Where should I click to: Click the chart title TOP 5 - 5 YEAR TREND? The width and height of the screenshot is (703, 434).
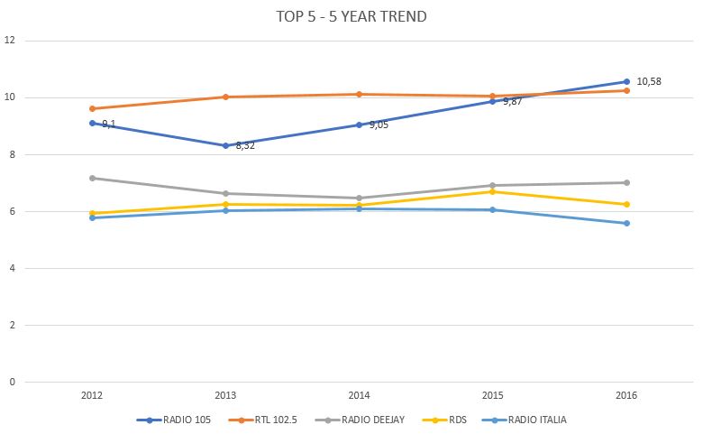click(351, 16)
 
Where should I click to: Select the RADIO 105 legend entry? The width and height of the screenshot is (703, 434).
click(174, 420)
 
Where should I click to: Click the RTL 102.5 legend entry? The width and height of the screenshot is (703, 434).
click(263, 420)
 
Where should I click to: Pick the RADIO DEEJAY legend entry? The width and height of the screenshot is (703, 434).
click(360, 420)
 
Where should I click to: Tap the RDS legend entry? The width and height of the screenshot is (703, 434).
click(444, 420)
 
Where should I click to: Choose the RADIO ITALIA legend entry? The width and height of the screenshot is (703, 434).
click(525, 420)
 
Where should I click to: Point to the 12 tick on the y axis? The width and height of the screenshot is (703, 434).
click(9, 40)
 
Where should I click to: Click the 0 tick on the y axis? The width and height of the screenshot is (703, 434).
click(12, 382)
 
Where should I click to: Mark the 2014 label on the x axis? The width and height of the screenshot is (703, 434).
click(359, 395)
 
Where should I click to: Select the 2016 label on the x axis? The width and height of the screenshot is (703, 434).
click(626, 395)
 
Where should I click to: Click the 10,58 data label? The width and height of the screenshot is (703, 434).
click(649, 81)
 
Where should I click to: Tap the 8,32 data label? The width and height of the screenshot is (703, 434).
click(245, 145)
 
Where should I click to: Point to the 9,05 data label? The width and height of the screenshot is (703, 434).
click(379, 125)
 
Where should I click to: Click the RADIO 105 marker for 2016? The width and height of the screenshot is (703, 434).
click(626, 82)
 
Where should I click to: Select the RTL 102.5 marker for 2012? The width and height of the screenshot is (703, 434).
click(92, 108)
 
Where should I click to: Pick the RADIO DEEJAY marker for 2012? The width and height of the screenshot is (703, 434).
click(92, 178)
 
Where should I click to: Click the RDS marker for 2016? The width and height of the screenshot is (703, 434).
click(626, 204)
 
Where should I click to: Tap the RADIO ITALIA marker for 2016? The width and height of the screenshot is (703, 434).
click(626, 223)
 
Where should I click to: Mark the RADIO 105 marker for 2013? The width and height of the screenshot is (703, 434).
click(226, 145)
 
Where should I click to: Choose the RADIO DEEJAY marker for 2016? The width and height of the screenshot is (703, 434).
click(626, 182)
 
